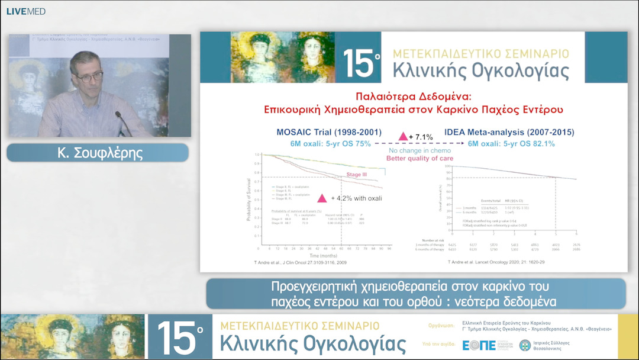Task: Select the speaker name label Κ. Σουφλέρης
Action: [97, 152]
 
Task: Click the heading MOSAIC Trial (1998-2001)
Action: [329, 132]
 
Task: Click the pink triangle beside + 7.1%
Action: [404, 137]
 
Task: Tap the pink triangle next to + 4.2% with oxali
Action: [322, 198]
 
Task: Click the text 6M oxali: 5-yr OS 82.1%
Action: [511, 143]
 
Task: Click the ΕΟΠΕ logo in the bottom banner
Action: [479, 345]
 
